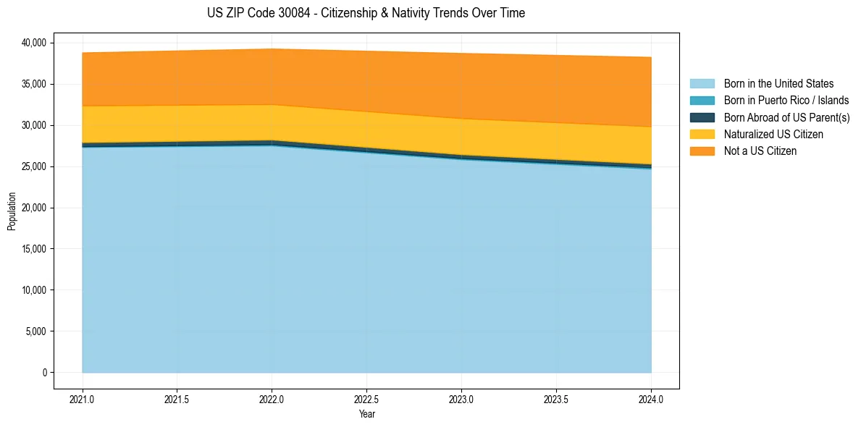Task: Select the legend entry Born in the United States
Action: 778,84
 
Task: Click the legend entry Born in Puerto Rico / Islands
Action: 786,101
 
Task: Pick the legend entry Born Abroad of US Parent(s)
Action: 786,117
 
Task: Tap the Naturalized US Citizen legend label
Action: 773,134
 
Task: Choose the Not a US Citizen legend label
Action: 760,151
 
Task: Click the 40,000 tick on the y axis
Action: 33,43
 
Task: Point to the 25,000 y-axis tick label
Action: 33,166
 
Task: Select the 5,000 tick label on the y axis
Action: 35,331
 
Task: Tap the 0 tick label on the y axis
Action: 44,373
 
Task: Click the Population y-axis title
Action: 12,211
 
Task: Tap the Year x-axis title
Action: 366,415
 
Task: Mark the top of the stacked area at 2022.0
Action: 272,49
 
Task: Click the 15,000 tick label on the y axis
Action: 33,249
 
